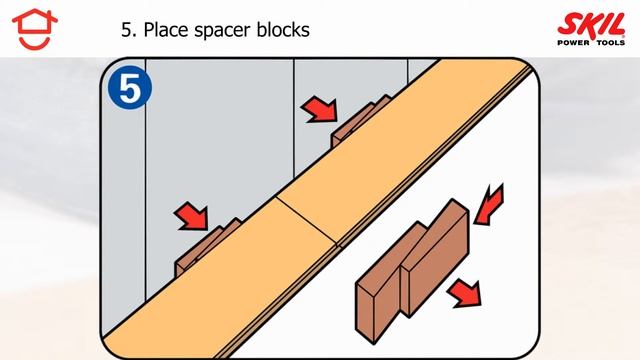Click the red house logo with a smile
tap(35, 29)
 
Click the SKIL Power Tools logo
tap(591, 29)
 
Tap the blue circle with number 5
tap(130, 87)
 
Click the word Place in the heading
tap(167, 30)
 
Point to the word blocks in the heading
tap(283, 29)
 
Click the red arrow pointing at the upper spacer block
tap(320, 110)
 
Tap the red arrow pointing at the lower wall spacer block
tap(192, 216)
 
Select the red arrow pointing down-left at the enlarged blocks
tap(489, 205)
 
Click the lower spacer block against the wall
tap(206, 246)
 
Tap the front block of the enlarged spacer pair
tap(435, 258)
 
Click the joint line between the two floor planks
tap(307, 221)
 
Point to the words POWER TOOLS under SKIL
tap(591, 42)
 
